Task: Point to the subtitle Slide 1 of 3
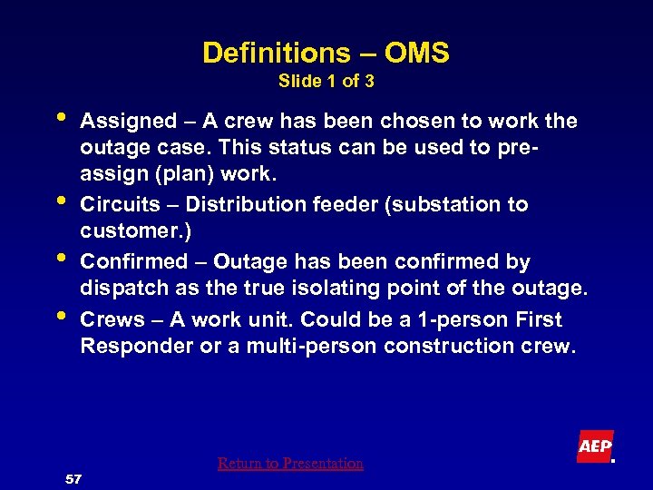(326, 82)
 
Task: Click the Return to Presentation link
(290, 464)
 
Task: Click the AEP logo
(595, 446)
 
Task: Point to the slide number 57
(74, 478)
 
